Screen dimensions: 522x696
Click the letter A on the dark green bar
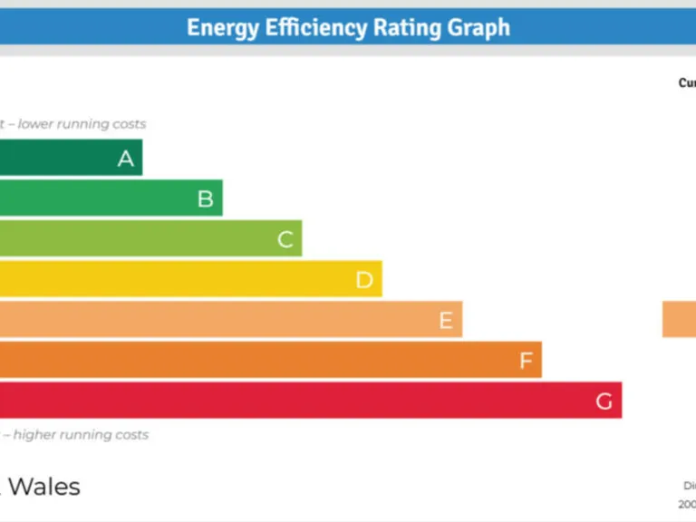[x=126, y=159]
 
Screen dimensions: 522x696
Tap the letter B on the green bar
[x=206, y=198]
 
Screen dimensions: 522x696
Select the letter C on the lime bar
[x=285, y=239]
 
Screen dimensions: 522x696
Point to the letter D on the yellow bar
[x=364, y=280]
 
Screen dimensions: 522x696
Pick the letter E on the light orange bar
[x=445, y=320]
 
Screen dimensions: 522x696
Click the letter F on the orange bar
[x=526, y=361]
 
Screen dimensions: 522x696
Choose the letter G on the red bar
[x=604, y=401]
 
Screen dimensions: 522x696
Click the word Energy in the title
[x=220, y=27]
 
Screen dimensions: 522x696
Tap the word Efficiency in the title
[x=314, y=27]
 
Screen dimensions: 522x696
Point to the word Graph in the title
[x=480, y=27]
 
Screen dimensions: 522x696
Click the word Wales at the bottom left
[x=43, y=487]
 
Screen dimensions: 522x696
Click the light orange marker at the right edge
[x=679, y=320]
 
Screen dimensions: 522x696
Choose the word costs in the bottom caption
[x=130, y=435]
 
